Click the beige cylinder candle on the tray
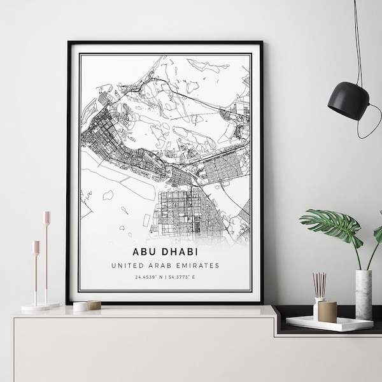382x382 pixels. pyautogui.click(x=327, y=311)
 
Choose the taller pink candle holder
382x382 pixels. pyautogui.click(x=46, y=255)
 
